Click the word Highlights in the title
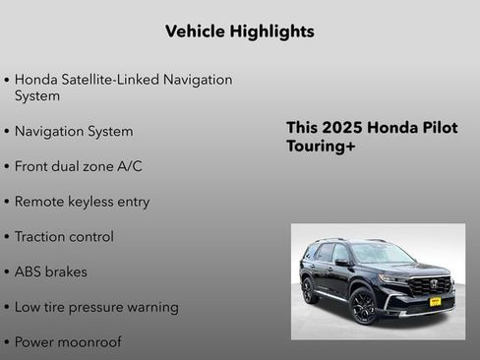(x=268, y=31)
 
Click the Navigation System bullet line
(x=74, y=131)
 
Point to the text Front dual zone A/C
(x=79, y=166)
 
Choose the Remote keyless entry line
(x=83, y=202)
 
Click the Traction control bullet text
(x=65, y=237)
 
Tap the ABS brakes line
(x=51, y=271)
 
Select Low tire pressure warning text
(x=96, y=307)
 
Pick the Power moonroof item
(x=68, y=342)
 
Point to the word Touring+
(x=321, y=147)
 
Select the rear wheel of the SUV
(x=308, y=289)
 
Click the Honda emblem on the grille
(x=433, y=283)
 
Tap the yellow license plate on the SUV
(x=434, y=301)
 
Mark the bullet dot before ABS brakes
(x=8, y=272)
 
